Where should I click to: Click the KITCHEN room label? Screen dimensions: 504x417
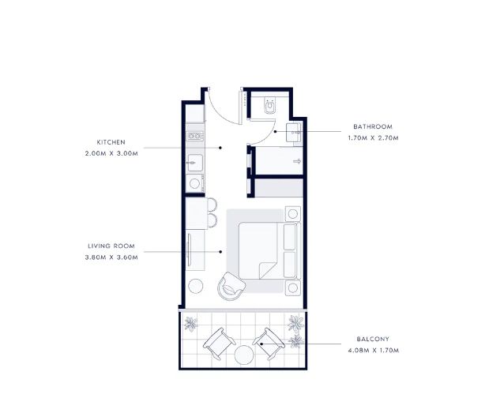[x=111, y=142]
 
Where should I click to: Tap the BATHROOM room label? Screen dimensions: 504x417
[x=373, y=126]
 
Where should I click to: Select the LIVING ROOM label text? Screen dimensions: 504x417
[x=111, y=246]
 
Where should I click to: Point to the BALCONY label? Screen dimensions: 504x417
[x=373, y=339]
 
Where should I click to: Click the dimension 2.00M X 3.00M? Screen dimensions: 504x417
[x=111, y=153]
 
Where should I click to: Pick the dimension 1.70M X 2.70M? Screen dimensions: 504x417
[x=373, y=138]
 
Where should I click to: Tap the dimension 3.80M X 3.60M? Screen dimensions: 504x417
[x=111, y=257]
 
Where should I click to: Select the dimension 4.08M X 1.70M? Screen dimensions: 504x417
[x=373, y=351]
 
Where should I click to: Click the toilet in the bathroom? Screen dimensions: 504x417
[x=269, y=105]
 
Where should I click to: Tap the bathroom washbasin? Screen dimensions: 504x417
[x=294, y=133]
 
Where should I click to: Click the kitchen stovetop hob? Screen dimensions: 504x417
[x=195, y=136]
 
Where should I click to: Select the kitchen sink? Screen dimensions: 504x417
[x=195, y=163]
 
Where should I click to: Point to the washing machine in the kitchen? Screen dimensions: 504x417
[x=195, y=183]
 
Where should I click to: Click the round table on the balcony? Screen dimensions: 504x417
[x=244, y=355]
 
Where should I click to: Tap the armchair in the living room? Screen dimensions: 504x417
[x=231, y=286]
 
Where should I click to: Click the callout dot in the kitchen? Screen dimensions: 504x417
[x=220, y=148]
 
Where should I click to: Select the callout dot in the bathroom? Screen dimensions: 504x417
[x=275, y=132]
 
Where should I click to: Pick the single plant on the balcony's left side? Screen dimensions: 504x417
[x=191, y=324]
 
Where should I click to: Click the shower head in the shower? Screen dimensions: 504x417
[x=297, y=161]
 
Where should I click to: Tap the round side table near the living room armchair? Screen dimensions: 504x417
[x=195, y=286]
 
